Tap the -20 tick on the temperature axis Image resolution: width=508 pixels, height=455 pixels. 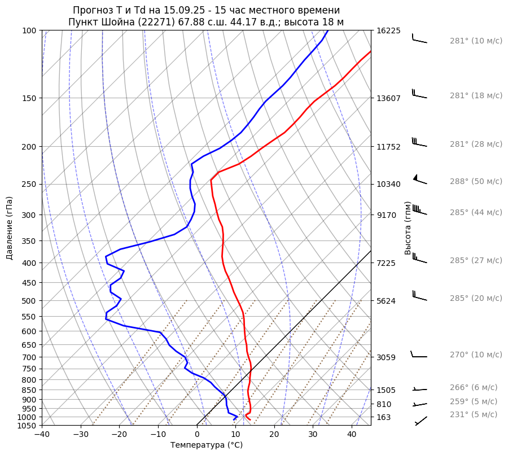click(119, 434)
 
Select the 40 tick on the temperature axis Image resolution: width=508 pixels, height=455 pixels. click(351, 434)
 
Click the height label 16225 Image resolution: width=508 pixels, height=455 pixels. click(388, 30)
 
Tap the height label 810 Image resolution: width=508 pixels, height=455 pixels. click(384, 404)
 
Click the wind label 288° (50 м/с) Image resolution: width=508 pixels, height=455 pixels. click(476, 181)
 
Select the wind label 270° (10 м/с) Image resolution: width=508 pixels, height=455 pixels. click(476, 355)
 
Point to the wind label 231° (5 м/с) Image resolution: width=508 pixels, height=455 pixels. click(474, 414)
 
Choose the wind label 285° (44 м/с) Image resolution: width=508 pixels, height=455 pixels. click(476, 212)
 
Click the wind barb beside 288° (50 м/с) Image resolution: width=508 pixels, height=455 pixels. click(419, 180)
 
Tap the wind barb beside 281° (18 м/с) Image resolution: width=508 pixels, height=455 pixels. click(419, 94)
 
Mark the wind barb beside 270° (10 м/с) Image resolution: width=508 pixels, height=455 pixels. click(419, 355)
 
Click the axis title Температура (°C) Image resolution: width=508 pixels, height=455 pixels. click(207, 445)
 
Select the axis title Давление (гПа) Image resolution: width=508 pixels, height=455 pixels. click(10, 228)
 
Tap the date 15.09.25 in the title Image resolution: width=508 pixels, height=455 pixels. click(173, 10)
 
